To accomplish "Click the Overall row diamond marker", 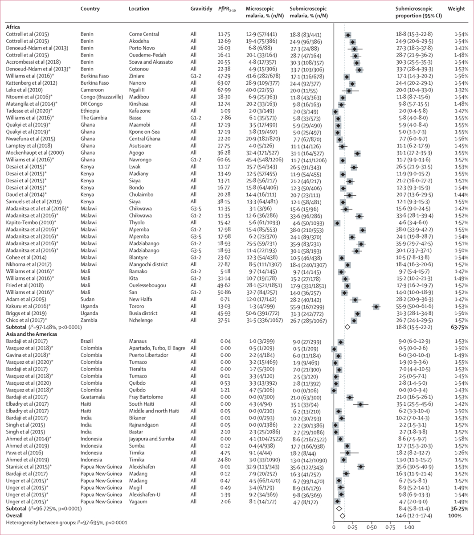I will pyautogui.click(x=342, y=516).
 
